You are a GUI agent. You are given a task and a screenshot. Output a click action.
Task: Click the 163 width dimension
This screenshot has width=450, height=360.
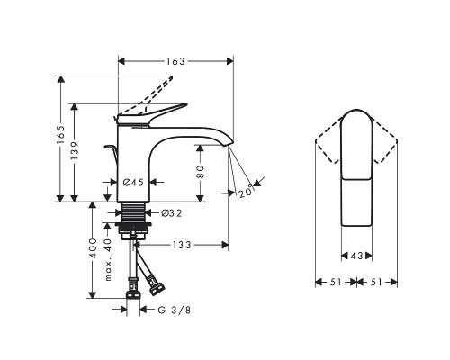(175, 61)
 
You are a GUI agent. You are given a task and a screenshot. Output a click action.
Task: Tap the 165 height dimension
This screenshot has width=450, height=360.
(60, 135)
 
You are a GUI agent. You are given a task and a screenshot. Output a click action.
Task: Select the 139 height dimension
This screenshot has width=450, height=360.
(75, 150)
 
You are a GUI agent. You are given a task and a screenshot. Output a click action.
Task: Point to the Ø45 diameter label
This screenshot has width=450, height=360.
(133, 182)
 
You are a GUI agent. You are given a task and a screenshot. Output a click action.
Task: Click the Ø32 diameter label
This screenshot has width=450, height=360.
(172, 213)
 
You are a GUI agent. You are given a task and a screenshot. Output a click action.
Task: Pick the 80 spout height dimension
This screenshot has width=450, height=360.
(201, 172)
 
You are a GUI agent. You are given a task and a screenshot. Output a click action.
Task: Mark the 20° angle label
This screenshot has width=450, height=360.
(247, 192)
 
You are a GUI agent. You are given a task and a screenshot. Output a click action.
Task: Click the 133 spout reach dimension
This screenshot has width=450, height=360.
(182, 245)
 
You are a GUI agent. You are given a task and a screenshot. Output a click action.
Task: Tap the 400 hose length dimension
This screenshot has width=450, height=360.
(94, 248)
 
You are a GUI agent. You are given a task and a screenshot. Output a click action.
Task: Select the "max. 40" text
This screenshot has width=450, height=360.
(108, 260)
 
